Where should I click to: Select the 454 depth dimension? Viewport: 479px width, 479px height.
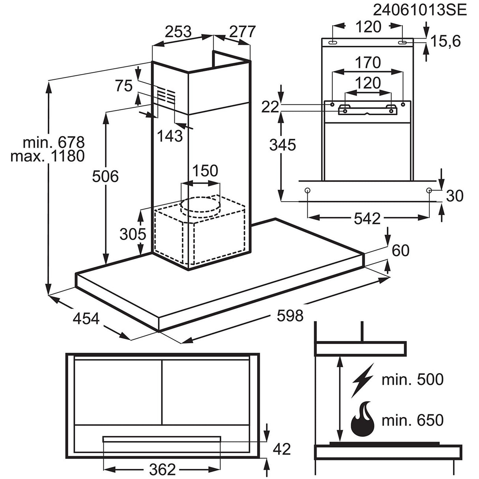pos(86,318)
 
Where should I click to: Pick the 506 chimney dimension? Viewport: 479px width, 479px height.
pos(105,176)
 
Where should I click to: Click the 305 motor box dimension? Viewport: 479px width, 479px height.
pos(133,234)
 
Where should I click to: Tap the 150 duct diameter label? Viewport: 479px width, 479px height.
pos(205,171)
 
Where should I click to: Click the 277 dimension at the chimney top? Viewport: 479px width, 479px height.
pos(242,32)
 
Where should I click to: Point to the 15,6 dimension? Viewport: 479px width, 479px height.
pos(445,41)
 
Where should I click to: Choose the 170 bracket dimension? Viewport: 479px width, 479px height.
pos(367,62)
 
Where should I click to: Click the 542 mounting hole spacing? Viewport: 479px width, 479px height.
pos(367,218)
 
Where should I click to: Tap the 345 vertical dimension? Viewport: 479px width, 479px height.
pos(283,145)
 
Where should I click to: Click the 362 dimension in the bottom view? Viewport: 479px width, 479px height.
pos(162,469)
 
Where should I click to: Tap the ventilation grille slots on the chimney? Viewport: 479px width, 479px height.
pos(166,95)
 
